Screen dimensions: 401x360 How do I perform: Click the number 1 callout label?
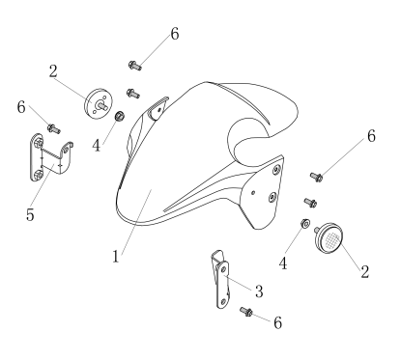click(116, 257)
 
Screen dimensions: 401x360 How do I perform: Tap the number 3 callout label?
click(259, 291)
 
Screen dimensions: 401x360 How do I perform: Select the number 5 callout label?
click(30, 214)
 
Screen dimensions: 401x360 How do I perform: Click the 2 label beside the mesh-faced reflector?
click(364, 272)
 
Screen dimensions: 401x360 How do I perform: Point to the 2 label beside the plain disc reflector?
click(53, 71)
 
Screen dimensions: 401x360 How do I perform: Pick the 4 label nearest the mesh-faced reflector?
click(283, 263)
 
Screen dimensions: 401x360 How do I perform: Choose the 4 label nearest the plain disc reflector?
click(97, 146)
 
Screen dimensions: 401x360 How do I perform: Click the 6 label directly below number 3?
click(278, 322)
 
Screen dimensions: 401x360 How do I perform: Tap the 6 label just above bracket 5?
click(21, 107)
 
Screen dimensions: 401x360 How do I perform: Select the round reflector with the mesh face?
click(329, 238)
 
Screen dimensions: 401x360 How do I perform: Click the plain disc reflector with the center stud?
click(99, 103)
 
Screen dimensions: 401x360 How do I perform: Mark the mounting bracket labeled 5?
click(50, 157)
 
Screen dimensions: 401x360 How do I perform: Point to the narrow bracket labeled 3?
click(221, 279)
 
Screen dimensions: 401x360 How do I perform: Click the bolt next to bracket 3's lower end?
click(246, 312)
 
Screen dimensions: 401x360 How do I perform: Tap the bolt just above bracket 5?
click(54, 129)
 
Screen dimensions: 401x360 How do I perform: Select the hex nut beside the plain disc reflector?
click(120, 116)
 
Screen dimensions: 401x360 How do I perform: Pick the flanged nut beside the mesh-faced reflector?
click(305, 223)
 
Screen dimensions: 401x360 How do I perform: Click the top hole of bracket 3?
click(223, 270)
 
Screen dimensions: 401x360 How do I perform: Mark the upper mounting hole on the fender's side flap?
click(276, 169)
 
